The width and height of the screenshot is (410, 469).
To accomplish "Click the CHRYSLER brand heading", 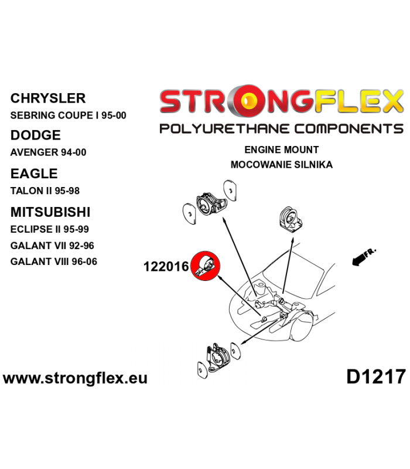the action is [48, 98].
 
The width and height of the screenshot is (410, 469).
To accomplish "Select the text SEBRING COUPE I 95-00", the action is [68, 115].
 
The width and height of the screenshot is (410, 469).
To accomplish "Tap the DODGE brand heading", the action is [36, 135].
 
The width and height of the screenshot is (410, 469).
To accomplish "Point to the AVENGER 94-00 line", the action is [48, 152].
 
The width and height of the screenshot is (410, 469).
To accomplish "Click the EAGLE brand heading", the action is [34, 174].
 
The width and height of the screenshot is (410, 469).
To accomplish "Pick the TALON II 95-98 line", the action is [45, 191].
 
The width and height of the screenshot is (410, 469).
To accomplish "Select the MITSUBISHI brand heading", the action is [50, 212].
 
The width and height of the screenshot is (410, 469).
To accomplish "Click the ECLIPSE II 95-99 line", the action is [50, 229].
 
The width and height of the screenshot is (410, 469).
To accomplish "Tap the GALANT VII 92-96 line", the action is [52, 246].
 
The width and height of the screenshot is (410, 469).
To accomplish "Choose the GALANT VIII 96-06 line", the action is [54, 261].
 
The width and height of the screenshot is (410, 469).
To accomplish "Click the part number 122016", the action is [166, 267].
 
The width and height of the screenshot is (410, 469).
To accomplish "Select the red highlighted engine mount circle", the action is [206, 266].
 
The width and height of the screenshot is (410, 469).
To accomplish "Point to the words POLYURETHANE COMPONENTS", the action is [281, 128].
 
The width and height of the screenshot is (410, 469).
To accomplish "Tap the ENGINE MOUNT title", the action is [282, 149].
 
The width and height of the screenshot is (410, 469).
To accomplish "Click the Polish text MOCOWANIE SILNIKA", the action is [282, 165].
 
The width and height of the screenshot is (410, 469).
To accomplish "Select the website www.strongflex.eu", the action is [75, 378].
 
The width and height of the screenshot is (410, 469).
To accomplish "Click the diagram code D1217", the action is [376, 377].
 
